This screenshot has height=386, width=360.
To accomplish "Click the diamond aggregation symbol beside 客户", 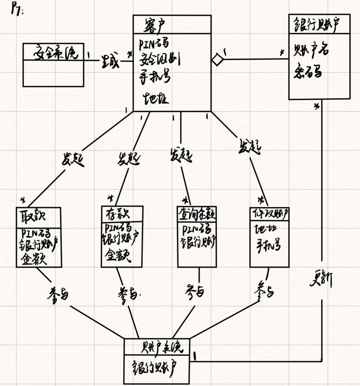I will tap(217, 59).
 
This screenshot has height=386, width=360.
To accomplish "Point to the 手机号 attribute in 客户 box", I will tap(155, 77).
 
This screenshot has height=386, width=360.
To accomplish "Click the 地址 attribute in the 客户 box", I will tap(156, 99).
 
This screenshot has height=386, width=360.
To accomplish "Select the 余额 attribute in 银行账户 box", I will tap(307, 72).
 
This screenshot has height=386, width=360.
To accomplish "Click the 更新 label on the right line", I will tap(321, 279).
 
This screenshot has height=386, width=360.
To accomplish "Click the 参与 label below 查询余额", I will tap(195, 290).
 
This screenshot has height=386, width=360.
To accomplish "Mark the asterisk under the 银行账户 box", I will tap(316, 107).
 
